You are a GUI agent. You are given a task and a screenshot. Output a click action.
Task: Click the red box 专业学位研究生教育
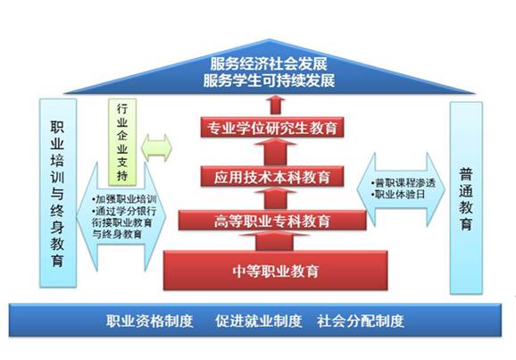pyautogui.click(x=272, y=128)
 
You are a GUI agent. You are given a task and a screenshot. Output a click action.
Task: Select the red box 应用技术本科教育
pyautogui.click(x=272, y=177)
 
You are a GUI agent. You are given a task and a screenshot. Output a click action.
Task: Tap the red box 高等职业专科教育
pyautogui.click(x=272, y=221)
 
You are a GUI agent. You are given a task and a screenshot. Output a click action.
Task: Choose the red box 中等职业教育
pyautogui.click(x=276, y=271)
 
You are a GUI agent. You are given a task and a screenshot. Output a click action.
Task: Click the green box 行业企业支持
pyautogui.click(x=122, y=142)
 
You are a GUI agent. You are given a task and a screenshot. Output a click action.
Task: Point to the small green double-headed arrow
pyautogui.click(x=156, y=148)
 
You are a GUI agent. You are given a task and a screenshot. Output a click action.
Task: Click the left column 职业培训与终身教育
pyautogui.click(x=58, y=193)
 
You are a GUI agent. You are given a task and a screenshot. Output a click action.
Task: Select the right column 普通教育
pyautogui.click(x=466, y=197)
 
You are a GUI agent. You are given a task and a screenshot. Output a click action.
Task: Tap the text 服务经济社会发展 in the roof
pyautogui.click(x=269, y=64)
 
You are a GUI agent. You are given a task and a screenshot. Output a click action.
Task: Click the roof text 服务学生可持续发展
pyautogui.click(x=269, y=80)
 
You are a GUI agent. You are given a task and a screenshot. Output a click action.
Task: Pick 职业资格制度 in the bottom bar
pyautogui.click(x=149, y=321)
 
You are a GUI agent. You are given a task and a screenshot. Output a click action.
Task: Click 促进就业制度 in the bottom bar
pyautogui.click(x=259, y=321)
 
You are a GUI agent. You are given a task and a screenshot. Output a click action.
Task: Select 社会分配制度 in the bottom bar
pyautogui.click(x=361, y=321)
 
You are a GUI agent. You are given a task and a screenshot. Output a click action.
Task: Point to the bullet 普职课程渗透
pyautogui.click(x=404, y=183)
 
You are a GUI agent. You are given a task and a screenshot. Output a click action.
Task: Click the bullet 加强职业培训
pyautogui.click(x=124, y=199)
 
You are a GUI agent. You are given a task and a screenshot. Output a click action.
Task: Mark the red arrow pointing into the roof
pyautogui.click(x=276, y=105)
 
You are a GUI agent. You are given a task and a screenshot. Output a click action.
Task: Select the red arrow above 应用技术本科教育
pyautogui.click(x=276, y=152)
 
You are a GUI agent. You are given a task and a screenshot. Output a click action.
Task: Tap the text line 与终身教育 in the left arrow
pyautogui.click(x=117, y=234)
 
